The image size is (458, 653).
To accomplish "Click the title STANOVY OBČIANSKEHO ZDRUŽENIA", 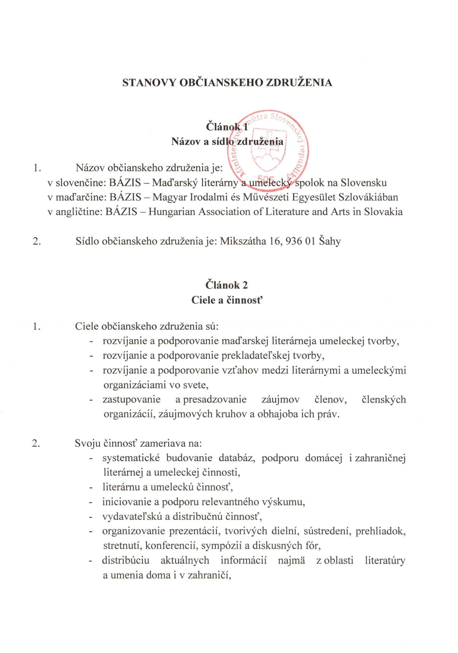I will [x=227, y=82].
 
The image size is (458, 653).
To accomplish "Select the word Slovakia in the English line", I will [x=383, y=212].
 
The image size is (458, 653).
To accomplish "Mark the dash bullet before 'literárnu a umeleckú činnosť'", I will [x=91, y=488].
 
